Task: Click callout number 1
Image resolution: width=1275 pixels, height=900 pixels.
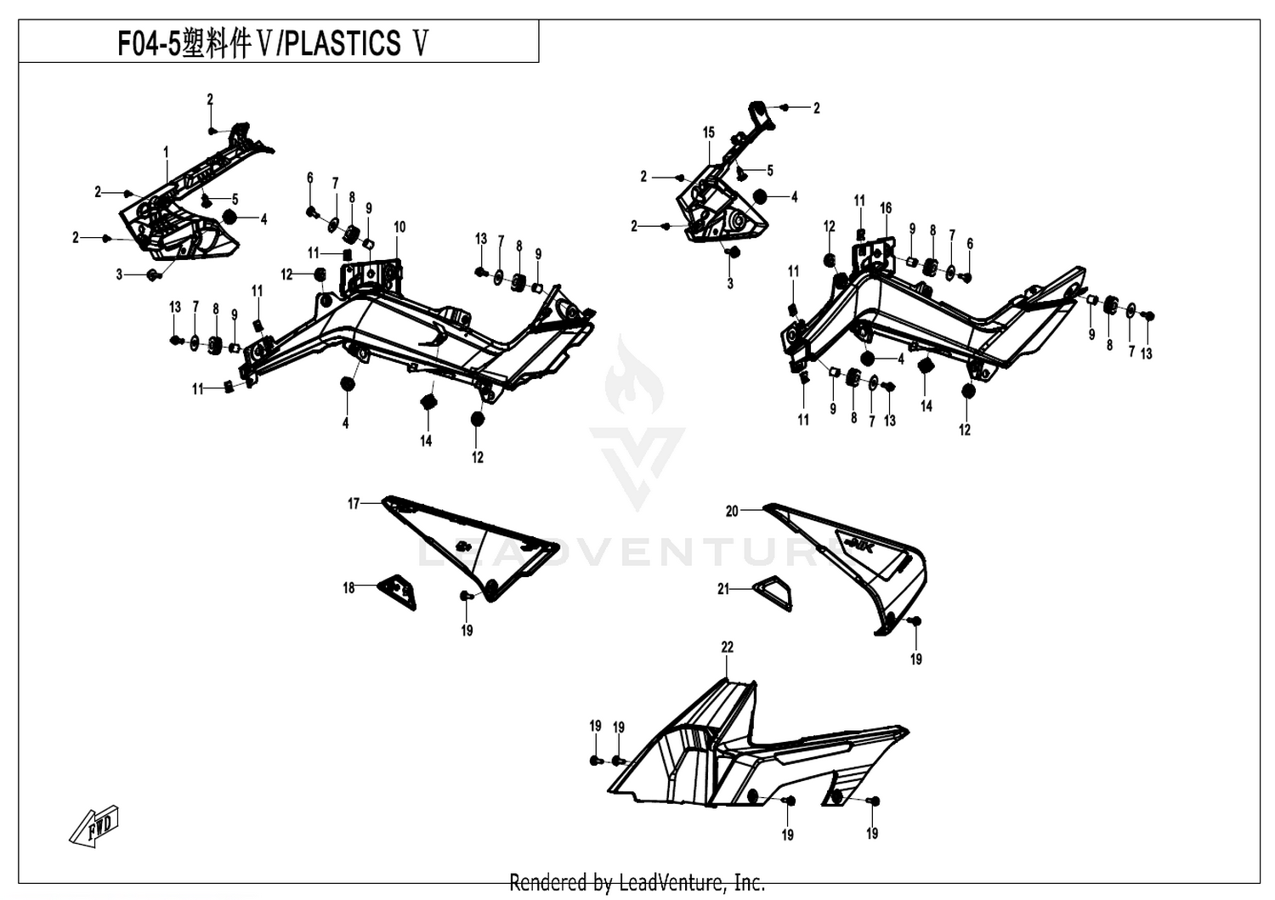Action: [x=166, y=152]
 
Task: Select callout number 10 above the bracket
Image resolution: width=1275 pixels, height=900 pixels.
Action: [x=399, y=227]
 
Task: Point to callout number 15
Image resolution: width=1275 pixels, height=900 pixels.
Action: [x=708, y=133]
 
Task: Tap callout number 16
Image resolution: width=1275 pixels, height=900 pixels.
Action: [x=886, y=208]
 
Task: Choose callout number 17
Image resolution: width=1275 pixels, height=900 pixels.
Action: [x=354, y=504]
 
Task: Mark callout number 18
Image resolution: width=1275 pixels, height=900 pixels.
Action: [x=348, y=587]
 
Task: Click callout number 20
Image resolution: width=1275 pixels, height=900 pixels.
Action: [x=731, y=512]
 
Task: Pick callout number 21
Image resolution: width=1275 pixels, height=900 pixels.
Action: [x=722, y=589]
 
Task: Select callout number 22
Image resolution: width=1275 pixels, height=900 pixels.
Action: [x=727, y=648]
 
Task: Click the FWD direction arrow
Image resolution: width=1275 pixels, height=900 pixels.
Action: [x=93, y=826]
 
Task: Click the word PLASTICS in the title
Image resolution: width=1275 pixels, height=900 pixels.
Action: [x=342, y=42]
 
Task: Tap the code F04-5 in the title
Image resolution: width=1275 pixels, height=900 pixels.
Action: [x=149, y=43]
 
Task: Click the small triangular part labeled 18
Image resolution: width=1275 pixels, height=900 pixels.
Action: [x=399, y=592]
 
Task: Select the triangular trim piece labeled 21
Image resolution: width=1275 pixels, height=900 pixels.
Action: [x=773, y=593]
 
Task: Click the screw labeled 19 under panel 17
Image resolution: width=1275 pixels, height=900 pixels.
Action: [x=466, y=596]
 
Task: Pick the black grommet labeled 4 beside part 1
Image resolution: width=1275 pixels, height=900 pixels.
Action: [x=229, y=217]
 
